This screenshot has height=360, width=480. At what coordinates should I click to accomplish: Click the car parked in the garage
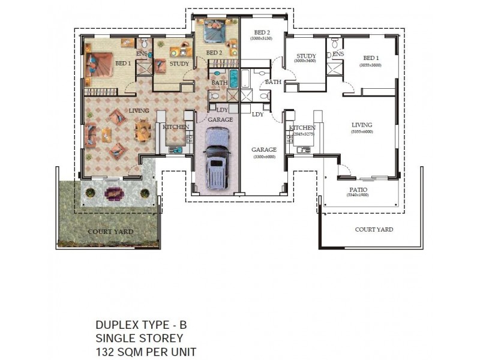pyautogui.click(x=217, y=160)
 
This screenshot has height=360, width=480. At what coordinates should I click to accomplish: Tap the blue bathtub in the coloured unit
pyautogui.click(x=233, y=78)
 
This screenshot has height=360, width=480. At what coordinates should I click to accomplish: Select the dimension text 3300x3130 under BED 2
pyautogui.click(x=261, y=38)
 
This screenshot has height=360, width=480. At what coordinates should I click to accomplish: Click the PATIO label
pyautogui.click(x=360, y=190)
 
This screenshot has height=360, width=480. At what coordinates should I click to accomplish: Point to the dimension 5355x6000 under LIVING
pyautogui.click(x=362, y=131)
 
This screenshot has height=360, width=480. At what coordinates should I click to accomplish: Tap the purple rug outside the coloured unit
pyautogui.click(x=113, y=193)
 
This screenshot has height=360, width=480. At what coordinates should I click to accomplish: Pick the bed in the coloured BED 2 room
pyautogui.click(x=214, y=32)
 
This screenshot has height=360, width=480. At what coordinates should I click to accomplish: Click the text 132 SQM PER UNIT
pyautogui.click(x=145, y=352)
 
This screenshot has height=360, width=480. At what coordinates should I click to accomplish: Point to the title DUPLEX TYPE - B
pyautogui.click(x=141, y=325)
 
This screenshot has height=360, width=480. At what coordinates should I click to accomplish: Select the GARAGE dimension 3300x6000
pyautogui.click(x=263, y=157)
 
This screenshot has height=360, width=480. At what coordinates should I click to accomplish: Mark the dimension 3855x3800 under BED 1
pyautogui.click(x=370, y=65)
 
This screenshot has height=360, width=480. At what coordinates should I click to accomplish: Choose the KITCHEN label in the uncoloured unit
pyautogui.click(x=302, y=128)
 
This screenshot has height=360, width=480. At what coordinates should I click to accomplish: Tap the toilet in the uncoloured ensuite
pyautogui.click(x=329, y=54)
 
